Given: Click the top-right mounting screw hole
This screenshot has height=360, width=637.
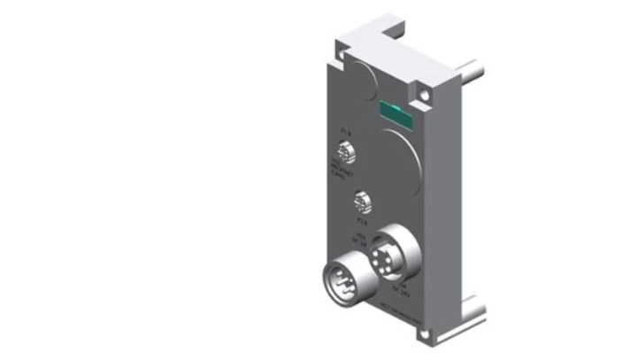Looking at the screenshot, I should pyautogui.click(x=426, y=91).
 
